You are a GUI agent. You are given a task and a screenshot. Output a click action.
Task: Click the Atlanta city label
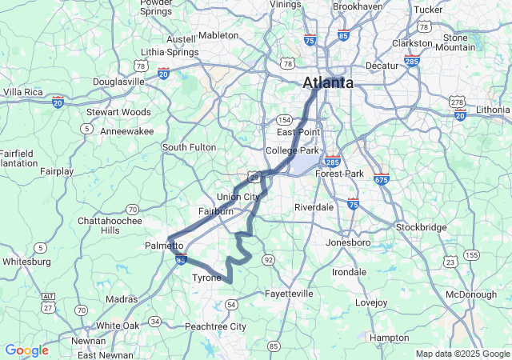(x=328, y=82)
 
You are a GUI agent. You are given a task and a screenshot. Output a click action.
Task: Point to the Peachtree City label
(x=215, y=326)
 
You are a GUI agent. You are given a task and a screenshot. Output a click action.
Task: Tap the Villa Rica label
(x=23, y=92)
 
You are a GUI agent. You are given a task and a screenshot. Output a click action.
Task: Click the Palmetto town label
(x=165, y=245)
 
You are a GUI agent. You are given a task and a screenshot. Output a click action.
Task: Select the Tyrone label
(x=206, y=278)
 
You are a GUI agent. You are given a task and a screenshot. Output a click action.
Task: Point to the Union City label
(x=238, y=197)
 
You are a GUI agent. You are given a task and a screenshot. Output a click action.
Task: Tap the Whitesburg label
(x=27, y=261)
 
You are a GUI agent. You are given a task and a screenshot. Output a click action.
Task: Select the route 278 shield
(x=457, y=102)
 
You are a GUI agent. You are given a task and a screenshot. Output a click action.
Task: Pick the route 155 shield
(x=472, y=254)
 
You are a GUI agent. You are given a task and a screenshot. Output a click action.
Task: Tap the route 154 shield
(x=274, y=119)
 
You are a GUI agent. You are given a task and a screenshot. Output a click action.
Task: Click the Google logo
(x=26, y=350)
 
